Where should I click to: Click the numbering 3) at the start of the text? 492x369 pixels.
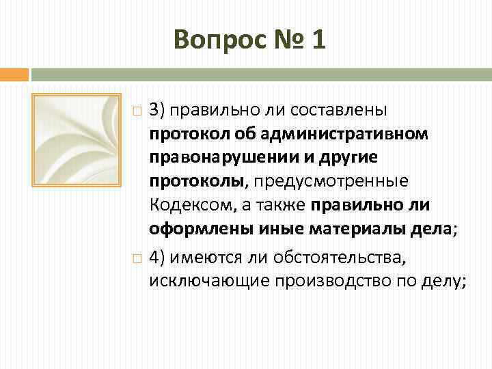pos(157,109)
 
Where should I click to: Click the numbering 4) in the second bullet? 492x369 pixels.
pos(157,257)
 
